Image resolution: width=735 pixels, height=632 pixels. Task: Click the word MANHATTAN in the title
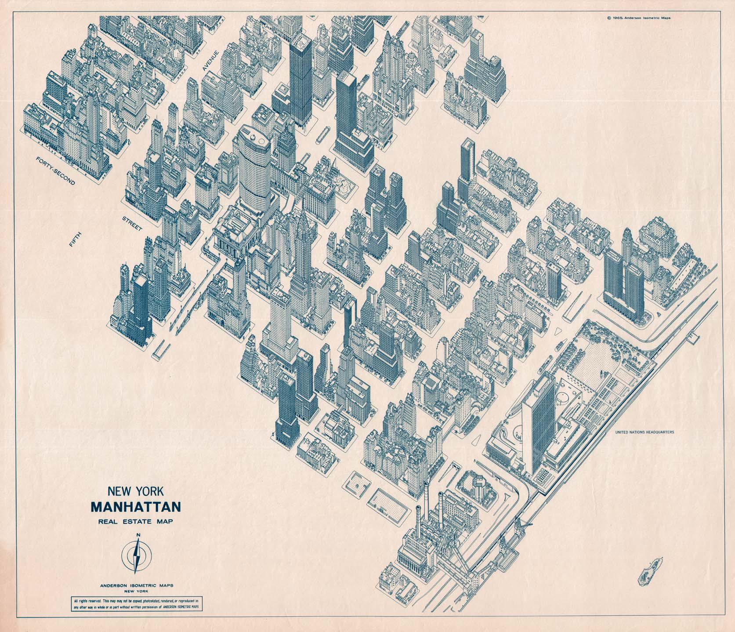(136, 507)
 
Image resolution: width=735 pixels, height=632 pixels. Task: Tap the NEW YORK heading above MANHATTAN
(136, 491)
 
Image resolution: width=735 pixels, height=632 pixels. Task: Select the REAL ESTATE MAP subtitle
(136, 522)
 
